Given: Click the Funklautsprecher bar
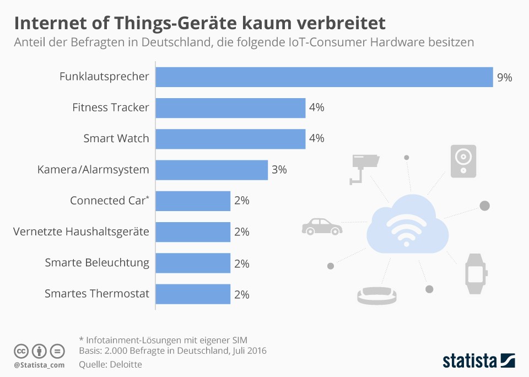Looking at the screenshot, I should [x=324, y=77].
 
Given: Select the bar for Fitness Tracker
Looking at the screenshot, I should [x=230, y=108].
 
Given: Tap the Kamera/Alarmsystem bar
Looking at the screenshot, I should [x=212, y=170].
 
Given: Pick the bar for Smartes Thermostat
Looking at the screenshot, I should [x=193, y=294].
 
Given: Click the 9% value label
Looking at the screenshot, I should [x=504, y=78].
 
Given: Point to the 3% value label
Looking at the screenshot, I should [x=279, y=170].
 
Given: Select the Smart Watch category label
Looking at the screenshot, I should [x=116, y=138].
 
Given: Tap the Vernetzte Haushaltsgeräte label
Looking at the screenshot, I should [x=81, y=231].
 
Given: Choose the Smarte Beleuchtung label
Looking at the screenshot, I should [x=97, y=263].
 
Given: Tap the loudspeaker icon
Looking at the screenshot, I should [x=463, y=161].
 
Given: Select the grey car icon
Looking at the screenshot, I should [x=322, y=226].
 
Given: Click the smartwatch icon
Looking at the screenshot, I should [x=476, y=273].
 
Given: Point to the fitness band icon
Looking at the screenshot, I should [x=377, y=295].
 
